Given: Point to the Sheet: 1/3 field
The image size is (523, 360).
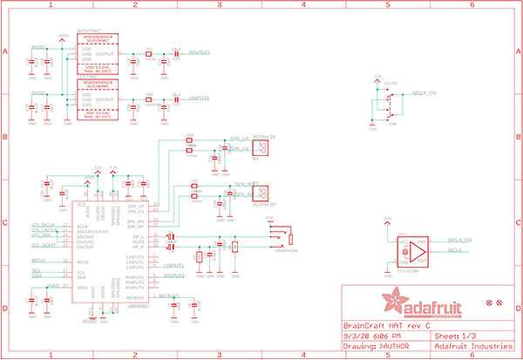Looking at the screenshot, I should click(454, 335).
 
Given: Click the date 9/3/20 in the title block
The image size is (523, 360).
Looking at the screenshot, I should click(354, 335).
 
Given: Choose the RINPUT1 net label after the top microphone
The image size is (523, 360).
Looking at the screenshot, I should click(200, 53).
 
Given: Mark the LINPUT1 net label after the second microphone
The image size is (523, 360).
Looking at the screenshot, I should click(200, 98).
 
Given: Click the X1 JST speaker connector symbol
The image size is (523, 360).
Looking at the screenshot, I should click(264, 147).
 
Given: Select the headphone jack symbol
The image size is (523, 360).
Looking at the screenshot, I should click(282, 238).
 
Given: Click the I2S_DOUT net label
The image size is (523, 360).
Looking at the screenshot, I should click(44, 246).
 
